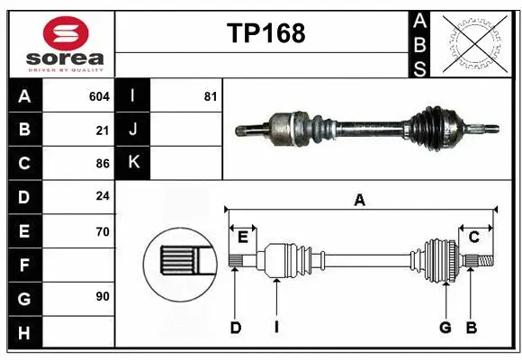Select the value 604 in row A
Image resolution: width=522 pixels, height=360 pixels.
[x=99, y=95]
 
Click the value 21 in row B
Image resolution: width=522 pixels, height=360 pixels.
[x=103, y=130]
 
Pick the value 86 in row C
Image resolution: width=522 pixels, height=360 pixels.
[x=103, y=164]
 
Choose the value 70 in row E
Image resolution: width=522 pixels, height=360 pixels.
[x=103, y=231]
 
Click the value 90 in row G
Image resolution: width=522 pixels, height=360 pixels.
[x=103, y=295]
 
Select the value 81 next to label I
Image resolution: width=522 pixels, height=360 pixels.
[x=210, y=95]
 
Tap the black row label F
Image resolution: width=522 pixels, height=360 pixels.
[x=24, y=265]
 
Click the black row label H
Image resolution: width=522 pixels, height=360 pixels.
[x=24, y=333]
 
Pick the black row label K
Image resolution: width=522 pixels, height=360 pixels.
[x=133, y=163]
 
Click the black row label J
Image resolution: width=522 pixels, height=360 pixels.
[x=133, y=130]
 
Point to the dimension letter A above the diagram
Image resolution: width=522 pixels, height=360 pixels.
[x=359, y=201]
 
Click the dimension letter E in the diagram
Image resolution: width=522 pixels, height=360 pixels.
[x=242, y=237]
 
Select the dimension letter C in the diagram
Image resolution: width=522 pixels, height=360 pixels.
[x=473, y=237]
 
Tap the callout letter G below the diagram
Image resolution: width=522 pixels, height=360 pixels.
[x=445, y=328]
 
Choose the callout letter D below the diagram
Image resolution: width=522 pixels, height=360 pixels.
[x=235, y=328]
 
